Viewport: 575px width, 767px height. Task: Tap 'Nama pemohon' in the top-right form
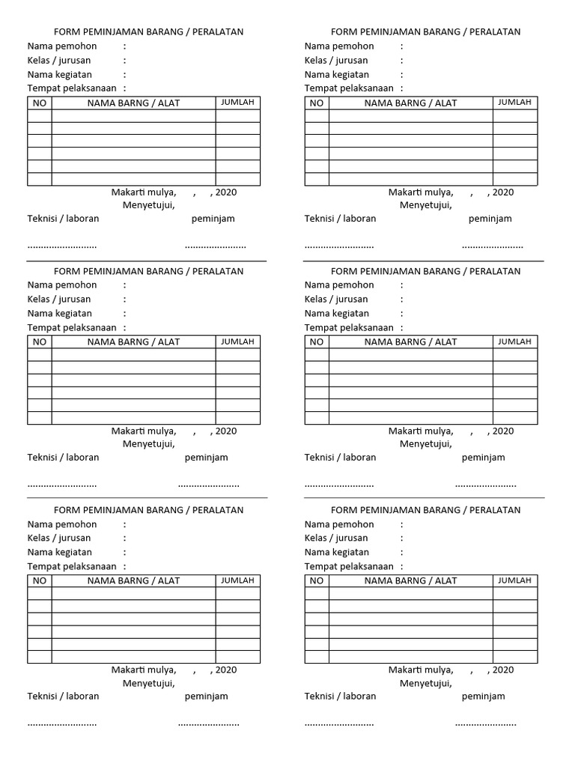point(339,46)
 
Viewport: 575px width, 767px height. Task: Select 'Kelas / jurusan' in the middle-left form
point(59,300)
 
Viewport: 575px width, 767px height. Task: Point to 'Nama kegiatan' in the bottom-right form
point(336,552)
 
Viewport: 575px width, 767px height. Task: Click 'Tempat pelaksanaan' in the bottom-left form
point(72,566)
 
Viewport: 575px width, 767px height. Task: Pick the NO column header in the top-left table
point(40,103)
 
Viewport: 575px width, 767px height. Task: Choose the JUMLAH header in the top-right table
point(514,103)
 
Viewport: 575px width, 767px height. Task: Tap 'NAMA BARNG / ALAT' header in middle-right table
point(410,342)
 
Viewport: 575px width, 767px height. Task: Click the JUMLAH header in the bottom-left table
point(237,580)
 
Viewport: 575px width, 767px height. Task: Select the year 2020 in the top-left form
point(225,192)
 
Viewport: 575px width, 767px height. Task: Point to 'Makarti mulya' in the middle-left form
point(144,431)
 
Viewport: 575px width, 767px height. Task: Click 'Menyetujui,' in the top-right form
point(425,205)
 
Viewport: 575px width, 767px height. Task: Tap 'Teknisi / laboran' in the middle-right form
point(340,458)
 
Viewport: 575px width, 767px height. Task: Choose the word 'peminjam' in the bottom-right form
point(483,697)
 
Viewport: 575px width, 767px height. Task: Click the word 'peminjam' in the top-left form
point(213,219)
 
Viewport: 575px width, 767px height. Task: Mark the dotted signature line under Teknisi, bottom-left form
point(62,724)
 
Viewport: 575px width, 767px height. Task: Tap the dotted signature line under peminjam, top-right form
point(492,246)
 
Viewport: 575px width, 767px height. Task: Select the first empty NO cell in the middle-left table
point(40,355)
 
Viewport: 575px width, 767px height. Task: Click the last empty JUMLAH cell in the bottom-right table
point(514,657)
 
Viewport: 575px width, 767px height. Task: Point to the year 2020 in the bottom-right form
point(502,670)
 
